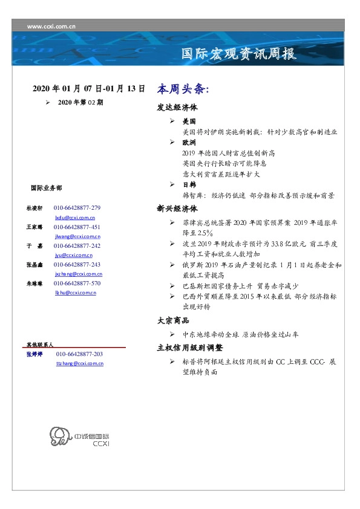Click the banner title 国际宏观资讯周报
click(x=239, y=54)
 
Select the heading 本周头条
click(x=183, y=89)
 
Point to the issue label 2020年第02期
click(x=80, y=103)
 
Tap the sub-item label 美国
click(x=189, y=122)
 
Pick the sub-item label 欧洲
click(x=189, y=143)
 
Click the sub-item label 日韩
click(x=189, y=184)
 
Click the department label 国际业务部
click(x=46, y=188)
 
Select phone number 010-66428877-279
click(x=77, y=207)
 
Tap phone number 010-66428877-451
click(x=77, y=227)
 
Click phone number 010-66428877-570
click(x=77, y=283)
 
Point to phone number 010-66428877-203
click(x=79, y=354)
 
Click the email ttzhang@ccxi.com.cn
click(x=79, y=363)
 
